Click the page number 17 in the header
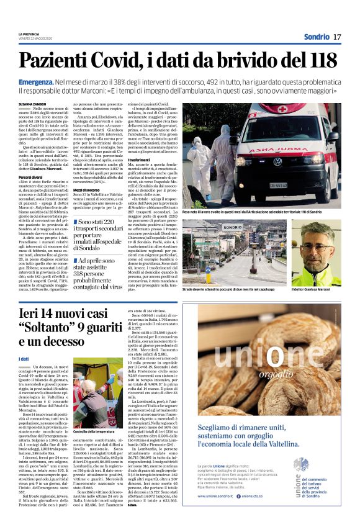pyautogui.click(x=337, y=37)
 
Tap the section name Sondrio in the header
pyautogui.click(x=316, y=37)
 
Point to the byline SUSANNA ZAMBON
pyautogui.click(x=32, y=104)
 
